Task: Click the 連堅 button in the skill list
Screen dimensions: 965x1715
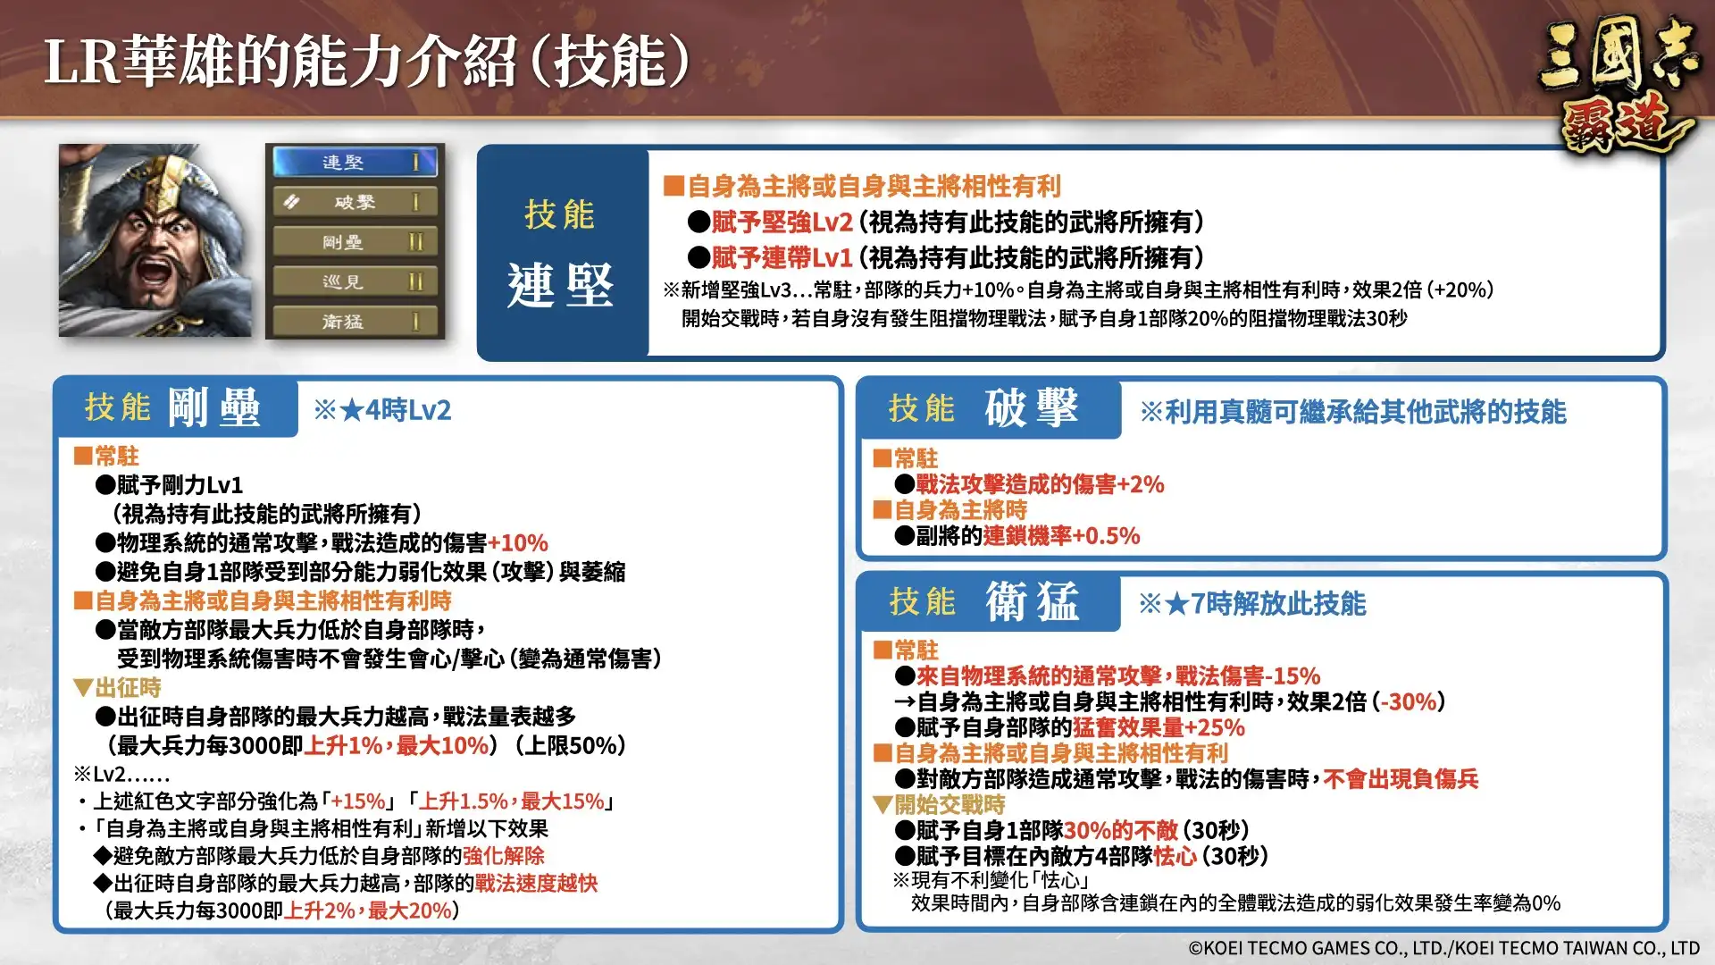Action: [355, 163]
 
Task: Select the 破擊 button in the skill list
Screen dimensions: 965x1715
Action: [355, 203]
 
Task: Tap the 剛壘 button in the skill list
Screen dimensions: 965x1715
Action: [355, 242]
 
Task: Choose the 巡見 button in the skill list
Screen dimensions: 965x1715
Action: [355, 282]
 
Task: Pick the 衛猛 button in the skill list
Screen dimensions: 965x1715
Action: [355, 322]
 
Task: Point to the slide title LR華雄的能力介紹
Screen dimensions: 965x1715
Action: [366, 63]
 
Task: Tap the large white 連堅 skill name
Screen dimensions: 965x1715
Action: [560, 286]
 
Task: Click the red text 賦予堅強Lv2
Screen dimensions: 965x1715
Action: [782, 222]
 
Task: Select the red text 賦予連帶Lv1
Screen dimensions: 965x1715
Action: [782, 258]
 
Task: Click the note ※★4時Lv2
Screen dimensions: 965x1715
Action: [382, 410]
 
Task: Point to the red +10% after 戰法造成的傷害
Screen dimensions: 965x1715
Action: [518, 543]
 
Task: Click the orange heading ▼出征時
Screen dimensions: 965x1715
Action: [118, 688]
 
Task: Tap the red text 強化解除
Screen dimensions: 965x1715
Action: [504, 856]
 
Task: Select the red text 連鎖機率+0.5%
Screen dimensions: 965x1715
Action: [1061, 536]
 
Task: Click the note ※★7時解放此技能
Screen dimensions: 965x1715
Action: [1252, 604]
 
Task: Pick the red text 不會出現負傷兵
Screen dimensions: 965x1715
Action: [1401, 779]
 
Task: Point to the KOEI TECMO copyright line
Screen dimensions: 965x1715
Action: [1443, 948]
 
